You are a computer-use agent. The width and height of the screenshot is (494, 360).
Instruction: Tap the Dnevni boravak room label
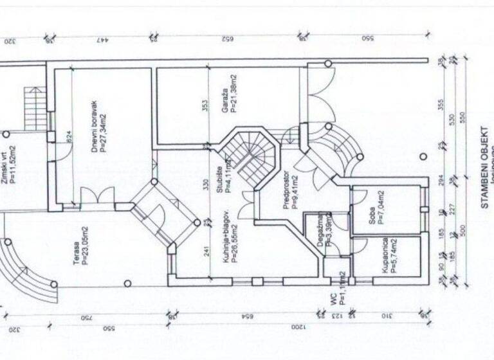pos(95,126)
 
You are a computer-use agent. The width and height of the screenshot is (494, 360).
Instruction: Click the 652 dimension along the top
pos(226,39)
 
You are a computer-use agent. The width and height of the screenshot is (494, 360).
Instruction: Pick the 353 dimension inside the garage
pos(205,105)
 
